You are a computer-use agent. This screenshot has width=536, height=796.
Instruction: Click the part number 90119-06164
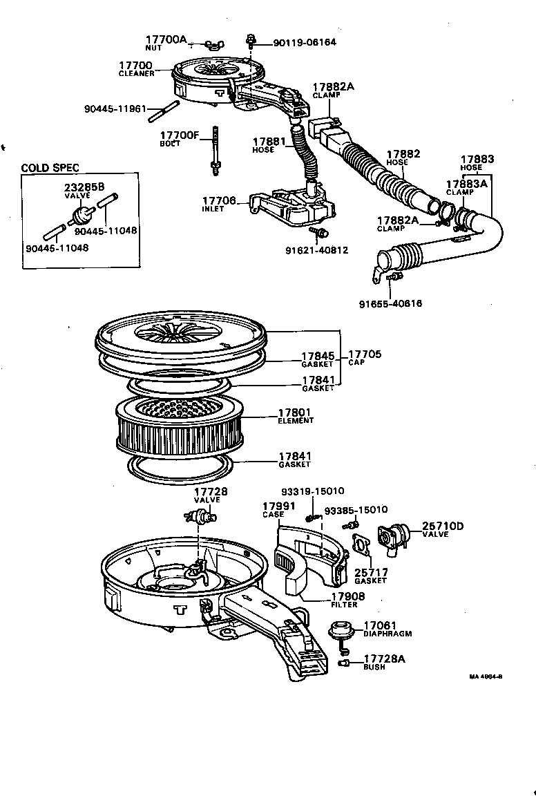pyautogui.click(x=305, y=42)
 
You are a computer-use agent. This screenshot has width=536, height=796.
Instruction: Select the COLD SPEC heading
pyautogui.click(x=50, y=168)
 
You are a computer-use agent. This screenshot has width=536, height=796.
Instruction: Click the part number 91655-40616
pyautogui.click(x=390, y=303)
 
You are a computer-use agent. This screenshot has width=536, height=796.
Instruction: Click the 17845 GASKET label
pyautogui.click(x=317, y=359)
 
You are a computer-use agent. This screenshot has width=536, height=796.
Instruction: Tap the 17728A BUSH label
pyautogui.click(x=383, y=662)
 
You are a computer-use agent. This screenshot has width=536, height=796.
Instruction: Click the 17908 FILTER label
pyautogui.click(x=346, y=599)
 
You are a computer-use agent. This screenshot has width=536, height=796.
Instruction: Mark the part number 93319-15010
pyautogui.click(x=312, y=491)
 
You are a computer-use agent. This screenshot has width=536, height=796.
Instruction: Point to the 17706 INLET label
pyautogui.click(x=219, y=204)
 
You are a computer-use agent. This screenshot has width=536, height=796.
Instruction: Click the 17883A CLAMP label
pyautogui.click(x=466, y=188)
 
